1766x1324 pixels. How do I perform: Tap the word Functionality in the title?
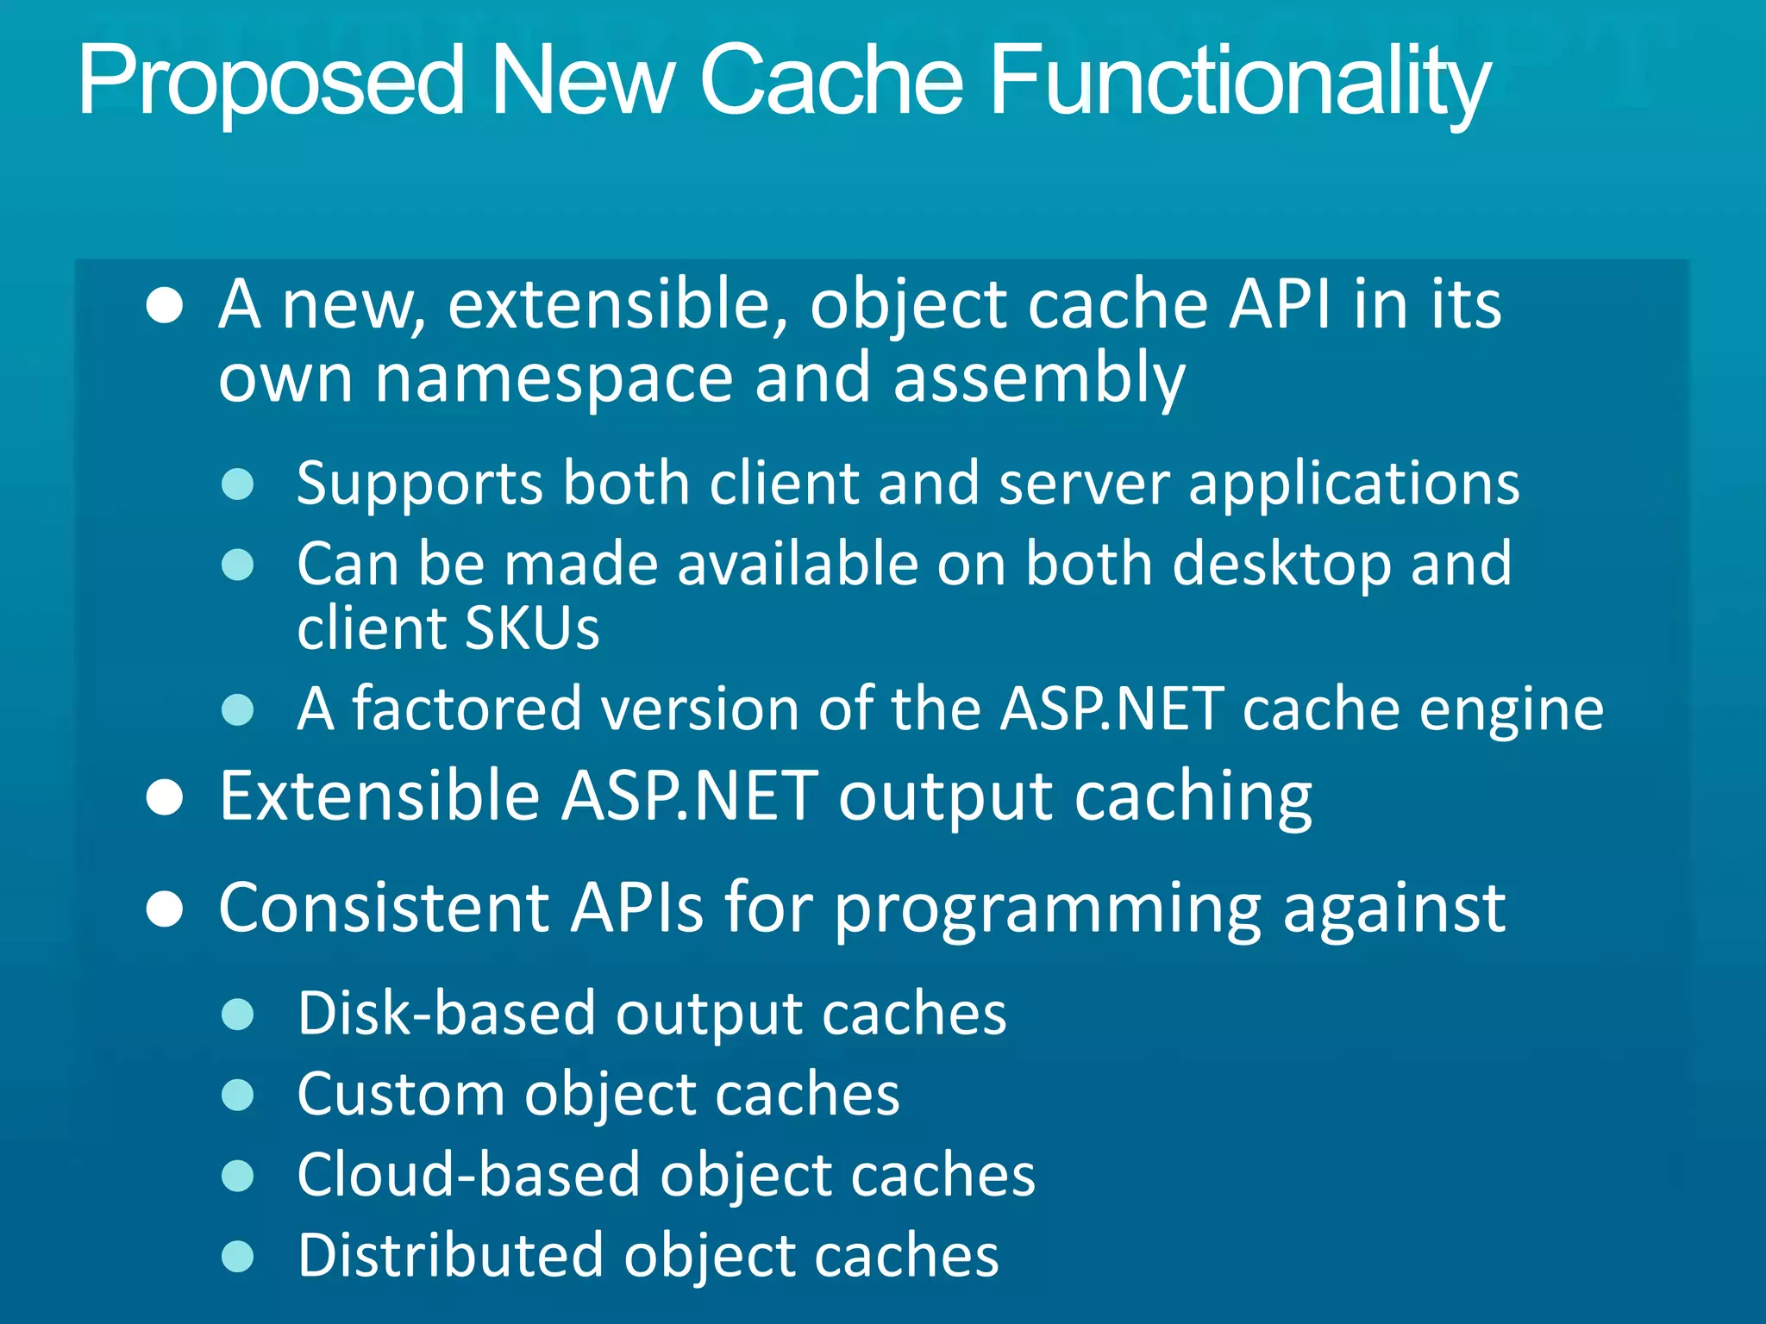pyautogui.click(x=1240, y=82)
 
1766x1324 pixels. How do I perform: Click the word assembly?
pyautogui.click(x=1038, y=379)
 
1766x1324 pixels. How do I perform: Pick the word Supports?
pyautogui.click(x=419, y=484)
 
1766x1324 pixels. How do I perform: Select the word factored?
pyautogui.click(x=467, y=709)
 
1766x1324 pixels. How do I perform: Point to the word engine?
pyautogui.click(x=1511, y=709)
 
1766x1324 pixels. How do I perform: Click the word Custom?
pyautogui.click(x=400, y=1095)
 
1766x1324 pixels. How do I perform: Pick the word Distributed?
pyautogui.click(x=450, y=1256)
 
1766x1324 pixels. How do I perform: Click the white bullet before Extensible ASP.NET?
pyautogui.click(x=164, y=797)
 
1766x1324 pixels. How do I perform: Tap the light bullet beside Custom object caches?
pyautogui.click(x=237, y=1096)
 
